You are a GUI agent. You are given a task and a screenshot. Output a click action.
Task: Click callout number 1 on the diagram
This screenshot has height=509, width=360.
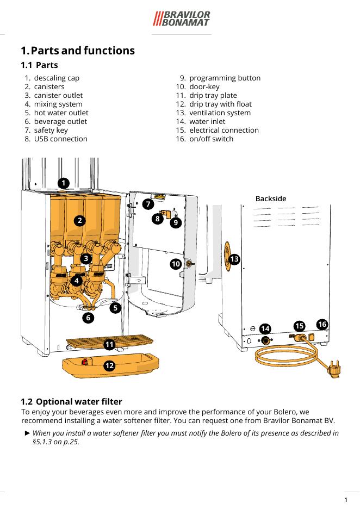click(64, 183)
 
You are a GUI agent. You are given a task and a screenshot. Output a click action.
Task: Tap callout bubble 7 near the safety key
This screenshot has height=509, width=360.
click(148, 204)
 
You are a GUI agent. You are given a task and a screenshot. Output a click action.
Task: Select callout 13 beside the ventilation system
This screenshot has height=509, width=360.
click(234, 259)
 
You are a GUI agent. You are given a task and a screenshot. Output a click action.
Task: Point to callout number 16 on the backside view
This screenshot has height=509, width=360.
click(322, 325)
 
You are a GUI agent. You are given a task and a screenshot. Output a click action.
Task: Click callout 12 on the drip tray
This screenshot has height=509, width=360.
click(109, 366)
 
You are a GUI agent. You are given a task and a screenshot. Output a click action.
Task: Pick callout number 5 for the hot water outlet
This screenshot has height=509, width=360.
click(115, 308)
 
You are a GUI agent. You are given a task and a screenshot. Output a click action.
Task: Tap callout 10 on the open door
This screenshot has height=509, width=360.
click(175, 264)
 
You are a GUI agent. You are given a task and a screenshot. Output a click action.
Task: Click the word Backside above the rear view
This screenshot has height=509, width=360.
click(271, 198)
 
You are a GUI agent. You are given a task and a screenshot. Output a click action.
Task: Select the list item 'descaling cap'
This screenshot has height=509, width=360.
click(57, 78)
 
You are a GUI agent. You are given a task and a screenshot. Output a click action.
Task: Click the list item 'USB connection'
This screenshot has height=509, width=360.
click(60, 139)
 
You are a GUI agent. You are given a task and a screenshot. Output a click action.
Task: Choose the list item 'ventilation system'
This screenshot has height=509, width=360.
click(220, 113)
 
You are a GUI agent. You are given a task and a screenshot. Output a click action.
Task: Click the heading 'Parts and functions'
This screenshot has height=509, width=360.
click(83, 51)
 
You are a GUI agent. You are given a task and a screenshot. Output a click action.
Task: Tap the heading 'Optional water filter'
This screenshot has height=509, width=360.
click(79, 402)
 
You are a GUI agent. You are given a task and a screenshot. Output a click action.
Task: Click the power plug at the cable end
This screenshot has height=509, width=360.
click(333, 371)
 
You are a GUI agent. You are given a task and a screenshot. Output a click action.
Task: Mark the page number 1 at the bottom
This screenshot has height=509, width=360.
click(346, 500)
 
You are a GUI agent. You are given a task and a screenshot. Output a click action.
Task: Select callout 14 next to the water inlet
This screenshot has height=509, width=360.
click(265, 329)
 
